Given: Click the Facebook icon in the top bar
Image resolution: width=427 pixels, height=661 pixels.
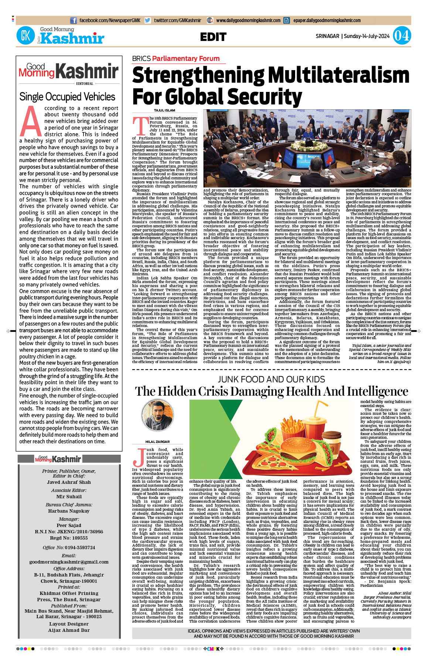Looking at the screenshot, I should click(74, 21).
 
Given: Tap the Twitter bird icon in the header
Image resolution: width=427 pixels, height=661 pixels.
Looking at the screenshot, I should click(148, 21).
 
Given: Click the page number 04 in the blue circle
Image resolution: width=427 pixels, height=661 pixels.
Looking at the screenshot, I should click(402, 36).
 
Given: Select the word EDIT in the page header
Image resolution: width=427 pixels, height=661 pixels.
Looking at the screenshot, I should click(213, 37).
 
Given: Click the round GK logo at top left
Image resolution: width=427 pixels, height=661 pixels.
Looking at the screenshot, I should click(25, 36).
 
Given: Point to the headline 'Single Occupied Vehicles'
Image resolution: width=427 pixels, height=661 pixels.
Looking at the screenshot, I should click(67, 97).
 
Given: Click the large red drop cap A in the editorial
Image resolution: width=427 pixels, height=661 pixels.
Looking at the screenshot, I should click(31, 121).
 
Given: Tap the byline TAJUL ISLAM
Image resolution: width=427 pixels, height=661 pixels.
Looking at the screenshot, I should click(164, 110).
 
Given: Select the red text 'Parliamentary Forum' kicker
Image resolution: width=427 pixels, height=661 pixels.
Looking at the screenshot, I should click(186, 59).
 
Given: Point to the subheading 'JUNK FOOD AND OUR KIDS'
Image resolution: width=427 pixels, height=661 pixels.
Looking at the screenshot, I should click(271, 379).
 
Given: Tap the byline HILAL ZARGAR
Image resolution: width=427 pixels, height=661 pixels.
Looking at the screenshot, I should click(157, 442).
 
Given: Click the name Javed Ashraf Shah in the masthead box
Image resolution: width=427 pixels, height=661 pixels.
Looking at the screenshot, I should click(69, 482).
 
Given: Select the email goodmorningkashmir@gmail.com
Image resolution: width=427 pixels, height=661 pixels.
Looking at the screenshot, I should click(69, 562).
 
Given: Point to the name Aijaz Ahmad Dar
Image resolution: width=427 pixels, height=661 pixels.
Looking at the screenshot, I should click(69, 630).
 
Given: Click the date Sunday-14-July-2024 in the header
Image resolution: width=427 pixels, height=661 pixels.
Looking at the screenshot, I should click(366, 36).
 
